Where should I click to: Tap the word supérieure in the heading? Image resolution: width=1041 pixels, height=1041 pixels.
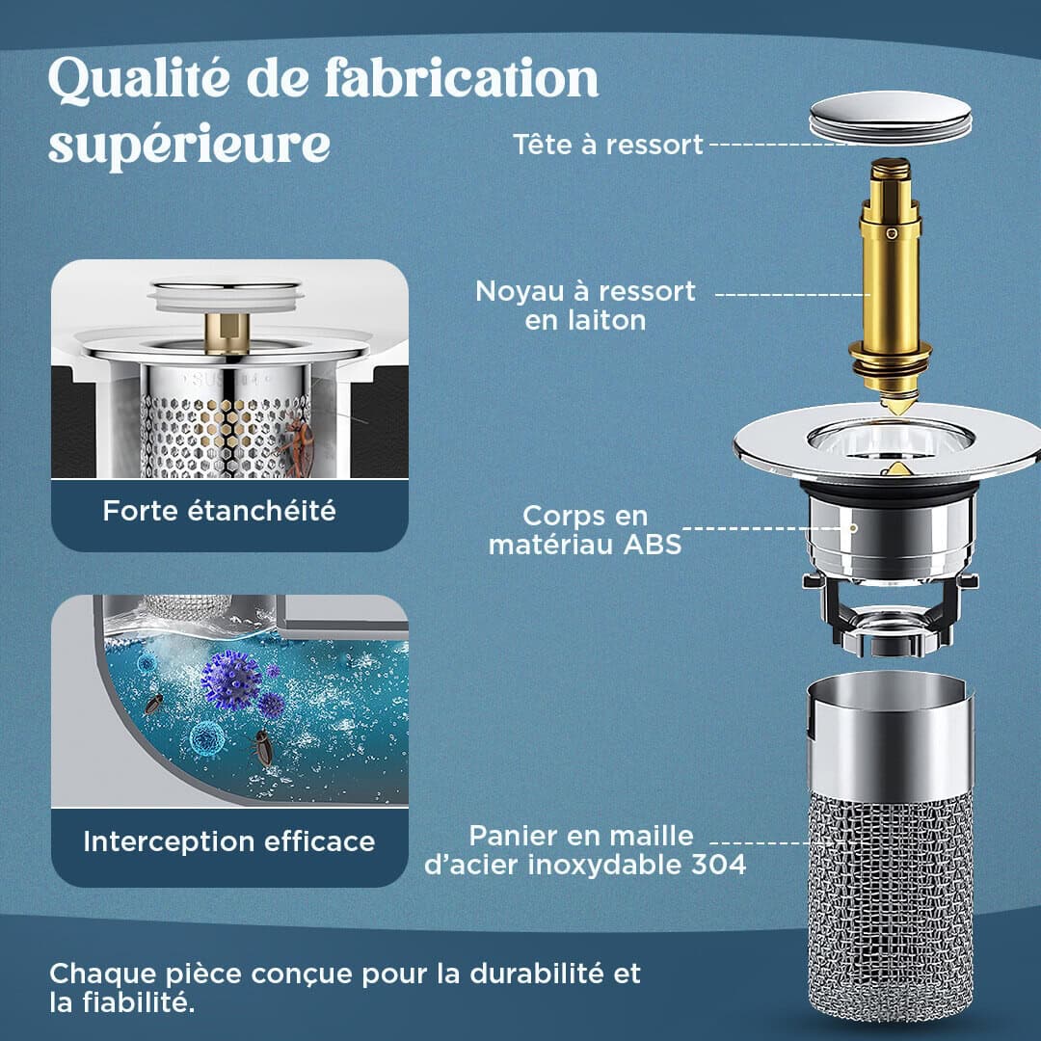(x=189, y=144)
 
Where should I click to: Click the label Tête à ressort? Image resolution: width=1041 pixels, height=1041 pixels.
(x=607, y=145)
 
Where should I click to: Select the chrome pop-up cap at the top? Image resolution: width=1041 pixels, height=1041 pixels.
(x=891, y=117)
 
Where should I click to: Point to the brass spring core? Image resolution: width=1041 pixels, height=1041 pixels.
(x=890, y=285)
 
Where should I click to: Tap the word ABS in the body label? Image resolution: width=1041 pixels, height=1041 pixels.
(x=653, y=545)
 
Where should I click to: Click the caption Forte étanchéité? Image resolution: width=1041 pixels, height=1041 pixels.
(x=219, y=511)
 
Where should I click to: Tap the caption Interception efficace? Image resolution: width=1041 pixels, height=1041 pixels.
(x=229, y=841)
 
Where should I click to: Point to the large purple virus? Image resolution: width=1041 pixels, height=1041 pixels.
(x=230, y=681)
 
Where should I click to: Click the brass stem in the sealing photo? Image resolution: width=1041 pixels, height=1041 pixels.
(x=227, y=333)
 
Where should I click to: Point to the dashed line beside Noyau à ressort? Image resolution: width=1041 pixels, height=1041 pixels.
(x=792, y=294)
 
